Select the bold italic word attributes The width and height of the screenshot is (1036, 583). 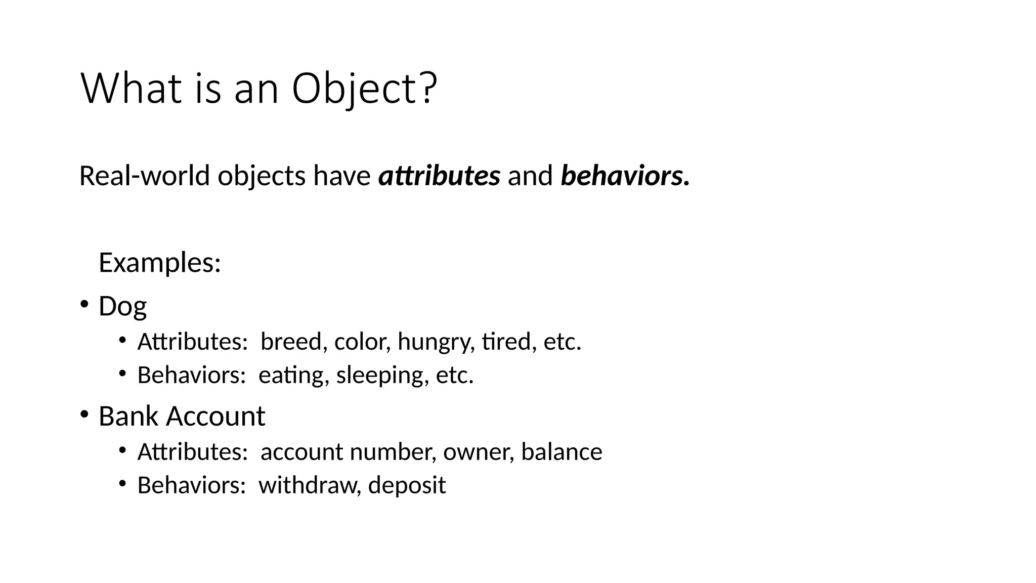439,176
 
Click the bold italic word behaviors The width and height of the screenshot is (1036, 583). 622,176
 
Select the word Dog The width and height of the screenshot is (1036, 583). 122,306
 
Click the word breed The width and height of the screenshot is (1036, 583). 291,342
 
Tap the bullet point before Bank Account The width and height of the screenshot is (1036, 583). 84,414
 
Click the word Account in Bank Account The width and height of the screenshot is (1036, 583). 215,416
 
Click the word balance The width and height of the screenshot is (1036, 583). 562,451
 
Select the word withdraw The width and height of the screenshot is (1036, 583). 309,485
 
